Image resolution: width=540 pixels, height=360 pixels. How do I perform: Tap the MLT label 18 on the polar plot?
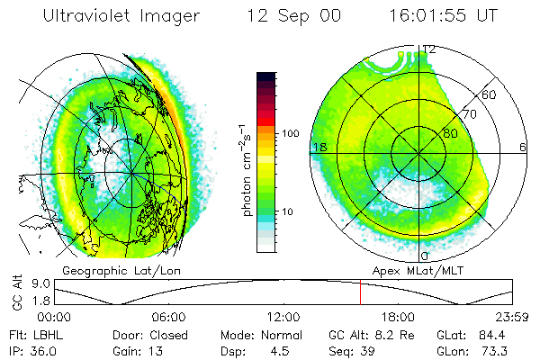tap(318, 147)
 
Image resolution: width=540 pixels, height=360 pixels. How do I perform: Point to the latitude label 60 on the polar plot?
tap(490, 94)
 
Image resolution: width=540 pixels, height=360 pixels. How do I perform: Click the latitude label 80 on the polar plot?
tap(450, 133)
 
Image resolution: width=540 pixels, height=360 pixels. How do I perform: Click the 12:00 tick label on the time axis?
tap(283, 317)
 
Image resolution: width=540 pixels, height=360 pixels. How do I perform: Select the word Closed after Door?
tap(169, 333)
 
